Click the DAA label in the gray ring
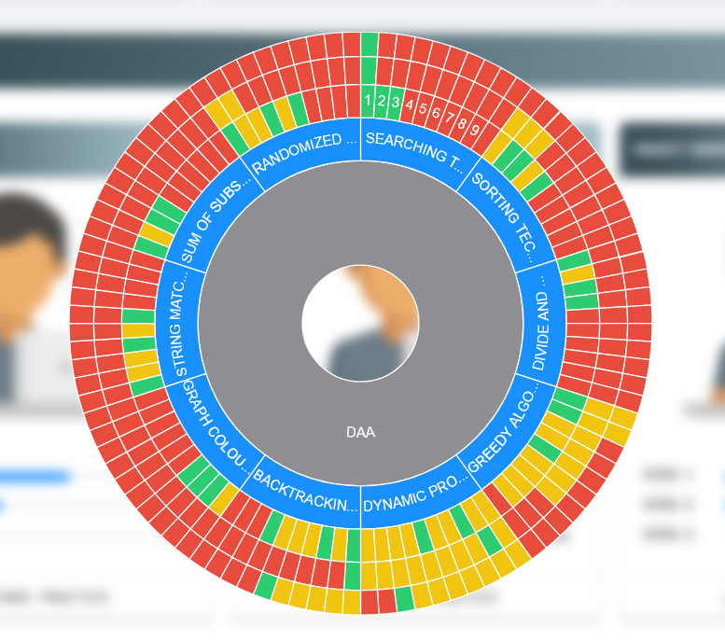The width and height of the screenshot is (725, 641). pos(360,432)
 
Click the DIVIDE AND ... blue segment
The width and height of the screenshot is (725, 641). pos(539,316)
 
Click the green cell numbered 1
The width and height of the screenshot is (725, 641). pos(369,101)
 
